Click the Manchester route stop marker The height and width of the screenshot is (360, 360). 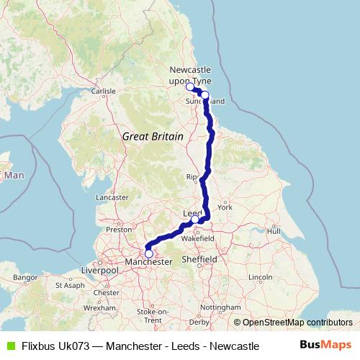149,253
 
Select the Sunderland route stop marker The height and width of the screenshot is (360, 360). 205,95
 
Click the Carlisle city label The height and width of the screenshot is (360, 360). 103,91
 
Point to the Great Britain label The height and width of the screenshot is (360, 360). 153,136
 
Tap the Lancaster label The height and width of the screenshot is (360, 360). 112,197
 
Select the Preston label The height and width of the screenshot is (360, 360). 119,230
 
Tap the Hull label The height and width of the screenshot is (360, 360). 274,231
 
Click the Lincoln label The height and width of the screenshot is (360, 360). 259,277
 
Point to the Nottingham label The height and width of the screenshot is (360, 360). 221,307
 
